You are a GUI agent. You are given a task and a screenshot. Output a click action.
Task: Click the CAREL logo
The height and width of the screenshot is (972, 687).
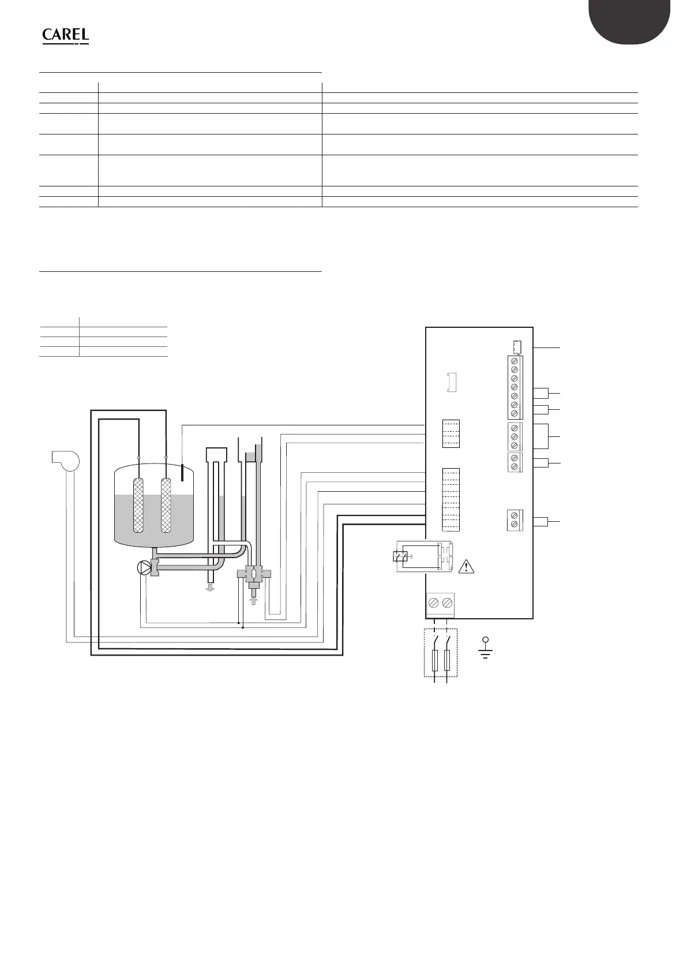pyautogui.click(x=65, y=35)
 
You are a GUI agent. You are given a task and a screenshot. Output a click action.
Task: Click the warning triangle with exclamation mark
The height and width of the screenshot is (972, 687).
pyautogui.click(x=465, y=567)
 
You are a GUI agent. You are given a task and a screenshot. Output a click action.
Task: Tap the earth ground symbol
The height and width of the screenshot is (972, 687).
pyautogui.click(x=486, y=648)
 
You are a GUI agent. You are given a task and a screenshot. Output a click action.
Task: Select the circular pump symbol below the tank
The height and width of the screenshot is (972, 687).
pyautogui.click(x=143, y=568)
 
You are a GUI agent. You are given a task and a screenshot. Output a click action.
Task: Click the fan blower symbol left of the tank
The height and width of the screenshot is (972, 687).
pyautogui.click(x=65, y=460)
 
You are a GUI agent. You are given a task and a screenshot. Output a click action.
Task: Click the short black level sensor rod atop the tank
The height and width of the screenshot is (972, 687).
pyautogui.click(x=182, y=472)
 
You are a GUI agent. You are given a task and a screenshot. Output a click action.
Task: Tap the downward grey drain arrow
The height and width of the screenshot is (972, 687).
pyautogui.click(x=210, y=588)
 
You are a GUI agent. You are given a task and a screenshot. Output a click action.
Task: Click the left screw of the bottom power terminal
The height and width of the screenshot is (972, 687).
pyautogui.click(x=434, y=603)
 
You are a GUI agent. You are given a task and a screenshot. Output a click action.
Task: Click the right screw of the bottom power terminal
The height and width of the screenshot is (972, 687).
pyautogui.click(x=447, y=603)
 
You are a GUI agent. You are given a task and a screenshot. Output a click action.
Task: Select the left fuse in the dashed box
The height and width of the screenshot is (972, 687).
pyautogui.click(x=434, y=659)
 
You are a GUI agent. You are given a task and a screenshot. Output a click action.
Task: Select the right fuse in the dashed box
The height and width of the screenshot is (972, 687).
pyautogui.click(x=447, y=659)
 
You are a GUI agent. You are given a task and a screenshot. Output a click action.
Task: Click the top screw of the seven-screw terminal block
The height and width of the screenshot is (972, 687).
pyautogui.click(x=515, y=361)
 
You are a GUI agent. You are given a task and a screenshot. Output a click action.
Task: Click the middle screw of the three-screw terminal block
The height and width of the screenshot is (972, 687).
pyautogui.click(x=515, y=437)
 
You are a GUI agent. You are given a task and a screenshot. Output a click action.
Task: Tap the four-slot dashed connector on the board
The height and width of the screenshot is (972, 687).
pyautogui.click(x=451, y=433)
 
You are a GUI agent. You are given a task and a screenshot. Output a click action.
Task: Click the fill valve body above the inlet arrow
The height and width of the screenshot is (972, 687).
pyautogui.click(x=252, y=575)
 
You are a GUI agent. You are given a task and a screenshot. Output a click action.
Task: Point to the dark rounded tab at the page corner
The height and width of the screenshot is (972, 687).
pyautogui.click(x=630, y=20)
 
